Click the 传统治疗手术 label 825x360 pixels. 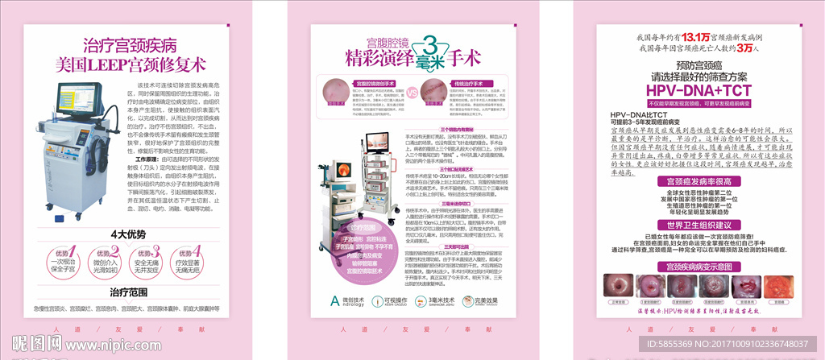pyautogui.click(x=466, y=81)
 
